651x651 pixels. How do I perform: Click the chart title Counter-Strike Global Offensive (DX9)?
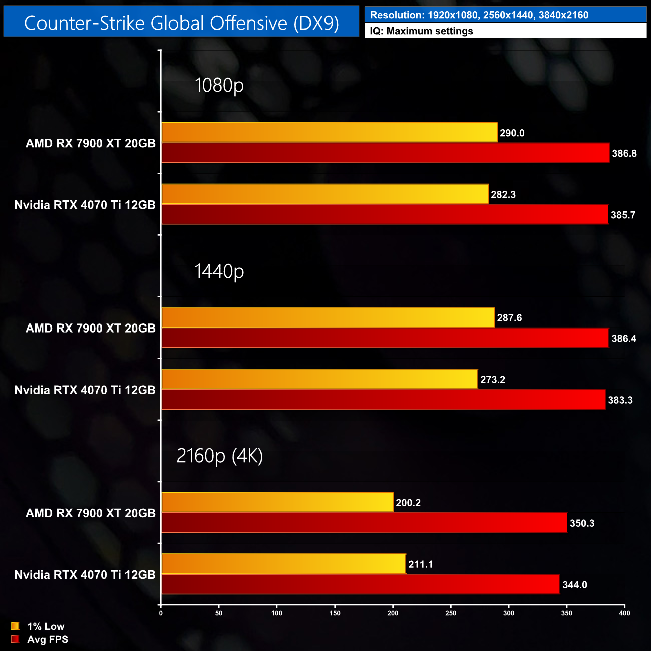pyautogui.click(x=181, y=23)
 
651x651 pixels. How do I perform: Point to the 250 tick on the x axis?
pyautogui.click(x=451, y=613)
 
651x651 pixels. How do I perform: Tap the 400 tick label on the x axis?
pyautogui.click(x=624, y=613)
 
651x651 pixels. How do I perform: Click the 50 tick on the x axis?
pyautogui.click(x=219, y=613)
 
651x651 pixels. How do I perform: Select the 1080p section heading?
pyautogui.click(x=219, y=85)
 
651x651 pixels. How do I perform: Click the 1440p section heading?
pyautogui.click(x=219, y=271)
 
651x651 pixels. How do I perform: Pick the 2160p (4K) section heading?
pyautogui.click(x=220, y=456)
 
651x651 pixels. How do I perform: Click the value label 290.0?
pyautogui.click(x=512, y=133)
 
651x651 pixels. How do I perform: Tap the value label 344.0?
pyautogui.click(x=575, y=585)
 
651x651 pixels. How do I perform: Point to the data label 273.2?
pyautogui.click(x=493, y=380)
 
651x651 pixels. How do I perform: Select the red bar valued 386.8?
pyautogui.click(x=385, y=153)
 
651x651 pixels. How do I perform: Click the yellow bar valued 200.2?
pyautogui.click(x=277, y=502)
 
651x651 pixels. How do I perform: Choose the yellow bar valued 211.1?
pyautogui.click(x=283, y=564)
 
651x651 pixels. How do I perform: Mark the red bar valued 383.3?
pyautogui.click(x=383, y=400)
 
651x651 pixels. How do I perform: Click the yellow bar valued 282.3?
pyautogui.click(x=325, y=194)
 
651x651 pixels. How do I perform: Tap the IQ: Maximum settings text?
pyautogui.click(x=422, y=31)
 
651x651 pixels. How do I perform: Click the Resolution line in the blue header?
pyautogui.click(x=479, y=15)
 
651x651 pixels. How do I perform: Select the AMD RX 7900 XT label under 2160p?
pyautogui.click(x=91, y=513)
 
